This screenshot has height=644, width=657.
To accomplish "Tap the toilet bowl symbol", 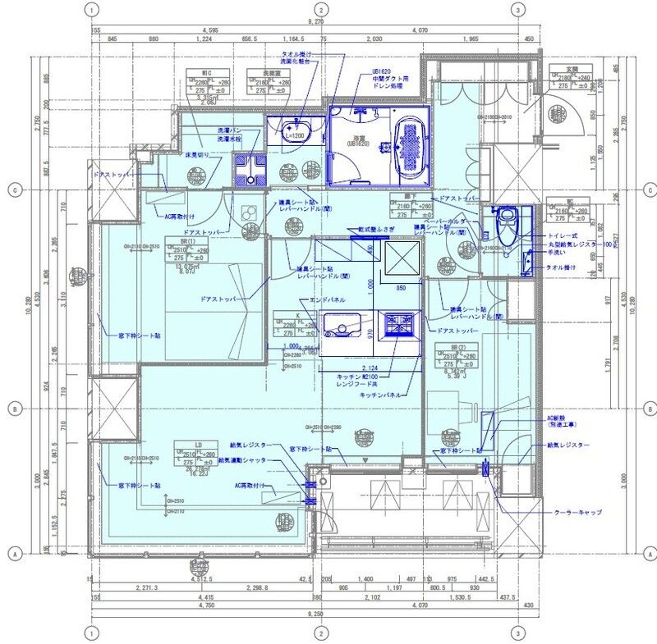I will coord(506,220).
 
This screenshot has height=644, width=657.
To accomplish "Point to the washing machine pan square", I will coord(249,168).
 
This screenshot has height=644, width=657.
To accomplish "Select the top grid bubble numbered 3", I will coord(517,10).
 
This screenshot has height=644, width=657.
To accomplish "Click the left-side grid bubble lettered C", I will coord(14,189).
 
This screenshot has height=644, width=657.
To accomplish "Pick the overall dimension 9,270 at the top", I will coord(316,22).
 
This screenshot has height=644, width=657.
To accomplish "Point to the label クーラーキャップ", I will coord(578,512).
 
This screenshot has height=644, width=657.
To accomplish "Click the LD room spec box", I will coord(195,456).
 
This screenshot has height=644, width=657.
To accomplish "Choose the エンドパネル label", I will coord(326,301).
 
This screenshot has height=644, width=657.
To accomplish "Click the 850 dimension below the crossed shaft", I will coord(402,288).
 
